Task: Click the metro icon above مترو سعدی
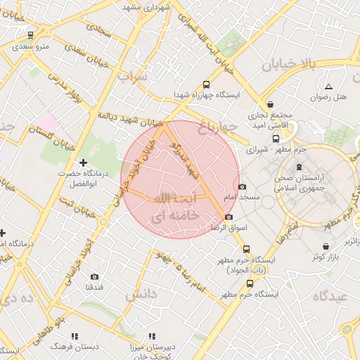pos(30,34)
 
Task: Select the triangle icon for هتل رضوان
pos(328,86)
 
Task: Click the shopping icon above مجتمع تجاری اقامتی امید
pos(271,103)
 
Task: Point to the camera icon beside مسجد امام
pos(243,186)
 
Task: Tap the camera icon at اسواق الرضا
pos(229,217)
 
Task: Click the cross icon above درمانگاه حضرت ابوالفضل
pos(83,162)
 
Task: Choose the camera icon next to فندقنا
pos(95,276)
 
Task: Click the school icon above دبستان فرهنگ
pos(75,336)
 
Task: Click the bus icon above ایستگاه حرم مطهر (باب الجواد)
pos(245,248)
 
